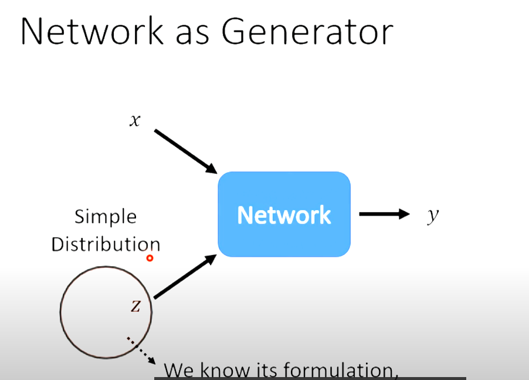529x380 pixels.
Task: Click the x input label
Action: pos(135,120)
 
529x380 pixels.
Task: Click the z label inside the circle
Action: pos(135,305)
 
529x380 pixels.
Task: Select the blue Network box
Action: pos(284,214)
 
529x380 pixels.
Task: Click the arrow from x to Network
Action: pos(185,151)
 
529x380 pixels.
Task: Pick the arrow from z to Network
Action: pos(184,278)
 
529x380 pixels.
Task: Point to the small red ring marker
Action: pos(150,258)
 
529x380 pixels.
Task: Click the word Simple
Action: pos(106,217)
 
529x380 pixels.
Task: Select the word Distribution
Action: pos(106,244)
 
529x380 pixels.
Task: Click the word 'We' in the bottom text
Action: pos(178,371)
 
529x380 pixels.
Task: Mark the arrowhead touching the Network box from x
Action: pos(212,169)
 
